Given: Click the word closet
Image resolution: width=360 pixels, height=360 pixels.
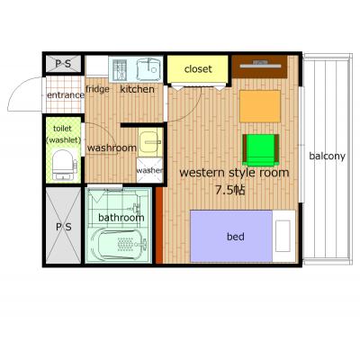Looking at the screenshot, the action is (x=198, y=69).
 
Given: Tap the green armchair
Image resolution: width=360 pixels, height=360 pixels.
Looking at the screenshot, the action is (x=261, y=150).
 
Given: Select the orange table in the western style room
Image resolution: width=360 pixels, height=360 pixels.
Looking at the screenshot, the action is (x=260, y=106).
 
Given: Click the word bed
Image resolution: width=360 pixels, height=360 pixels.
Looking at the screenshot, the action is (x=236, y=237).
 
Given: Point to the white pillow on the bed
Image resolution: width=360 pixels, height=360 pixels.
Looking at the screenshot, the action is (x=283, y=236).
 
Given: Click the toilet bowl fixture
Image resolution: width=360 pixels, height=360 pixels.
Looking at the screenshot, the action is (x=63, y=166).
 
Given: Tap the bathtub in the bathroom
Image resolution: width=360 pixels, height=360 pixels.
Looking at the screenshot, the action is (x=119, y=243).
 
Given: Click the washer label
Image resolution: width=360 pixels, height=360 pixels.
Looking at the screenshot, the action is (x=149, y=170).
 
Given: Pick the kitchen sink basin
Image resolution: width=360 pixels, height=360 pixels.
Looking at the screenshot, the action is (x=149, y=69).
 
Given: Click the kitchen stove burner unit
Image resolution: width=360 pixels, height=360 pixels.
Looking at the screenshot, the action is (x=120, y=70).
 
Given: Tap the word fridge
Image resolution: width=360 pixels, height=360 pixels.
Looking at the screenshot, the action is (x=97, y=89).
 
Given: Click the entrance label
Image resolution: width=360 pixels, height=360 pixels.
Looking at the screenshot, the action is (x=66, y=95).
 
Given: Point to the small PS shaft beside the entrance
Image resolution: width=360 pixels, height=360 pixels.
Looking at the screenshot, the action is (x=63, y=64).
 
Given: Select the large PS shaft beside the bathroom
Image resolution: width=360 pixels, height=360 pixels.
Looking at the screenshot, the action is (x=64, y=226).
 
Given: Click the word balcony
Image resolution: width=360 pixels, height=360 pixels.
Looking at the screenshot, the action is (x=327, y=157).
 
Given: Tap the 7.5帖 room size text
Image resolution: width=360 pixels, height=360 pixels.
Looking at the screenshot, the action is (x=230, y=190).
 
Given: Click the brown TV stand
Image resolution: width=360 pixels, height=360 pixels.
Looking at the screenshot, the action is (x=260, y=67).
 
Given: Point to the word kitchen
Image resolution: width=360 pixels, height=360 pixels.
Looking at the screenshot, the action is (x=137, y=89).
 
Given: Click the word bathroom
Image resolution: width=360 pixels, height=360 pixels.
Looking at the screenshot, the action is (x=121, y=217).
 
